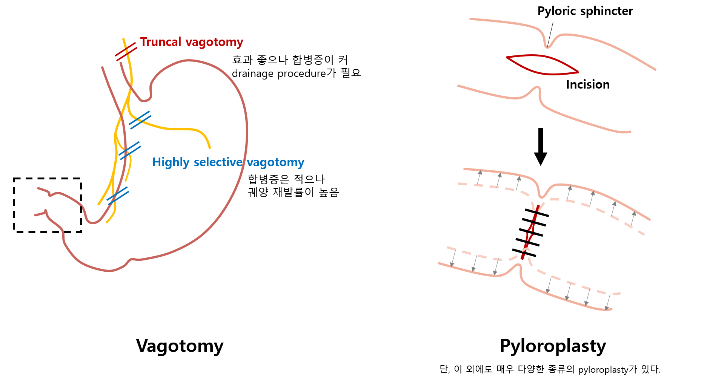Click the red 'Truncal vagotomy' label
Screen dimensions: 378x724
(x=191, y=42)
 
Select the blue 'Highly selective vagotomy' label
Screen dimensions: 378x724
(x=228, y=162)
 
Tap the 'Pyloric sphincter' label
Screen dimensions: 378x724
(x=585, y=11)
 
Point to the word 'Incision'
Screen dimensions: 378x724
(x=587, y=84)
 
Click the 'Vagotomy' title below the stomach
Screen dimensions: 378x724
(x=180, y=346)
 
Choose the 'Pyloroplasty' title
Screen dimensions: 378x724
(x=553, y=346)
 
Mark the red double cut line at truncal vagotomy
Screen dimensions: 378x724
(x=126, y=52)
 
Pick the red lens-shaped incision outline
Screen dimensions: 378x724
(x=542, y=65)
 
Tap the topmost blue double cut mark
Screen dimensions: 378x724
(x=140, y=120)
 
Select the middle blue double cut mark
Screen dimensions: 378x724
(x=129, y=150)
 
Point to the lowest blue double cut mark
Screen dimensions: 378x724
(x=118, y=196)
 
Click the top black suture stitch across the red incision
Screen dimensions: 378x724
(x=537, y=213)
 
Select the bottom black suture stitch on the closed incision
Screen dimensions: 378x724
(x=524, y=253)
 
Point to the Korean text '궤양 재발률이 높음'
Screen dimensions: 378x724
(x=293, y=192)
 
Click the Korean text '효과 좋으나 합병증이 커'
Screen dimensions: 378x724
(x=290, y=60)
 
